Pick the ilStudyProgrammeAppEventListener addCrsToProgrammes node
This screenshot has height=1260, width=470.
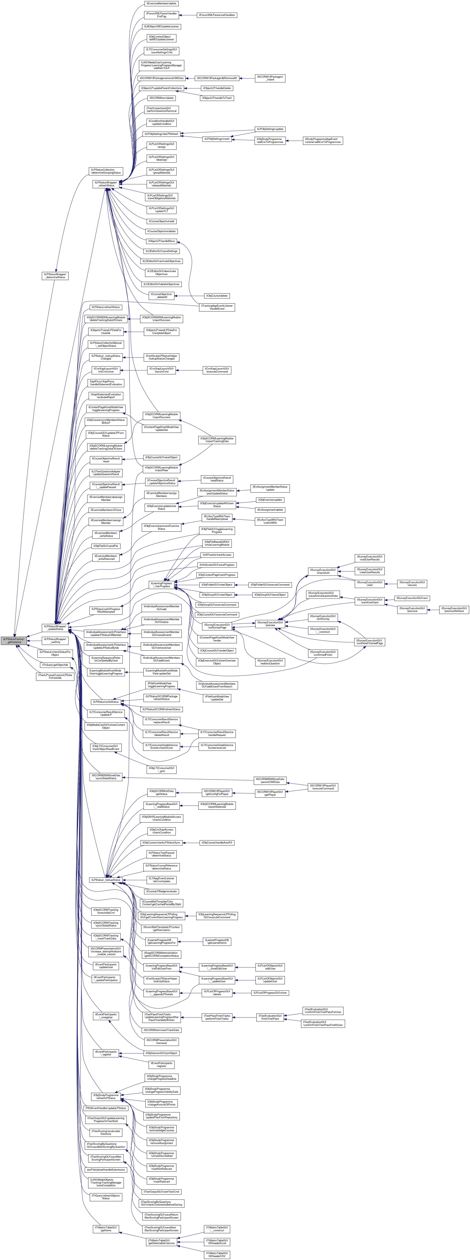pos(323,140)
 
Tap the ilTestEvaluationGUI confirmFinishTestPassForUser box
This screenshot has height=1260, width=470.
pos(323,1011)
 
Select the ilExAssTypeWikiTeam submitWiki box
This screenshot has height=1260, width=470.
pos(270,521)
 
